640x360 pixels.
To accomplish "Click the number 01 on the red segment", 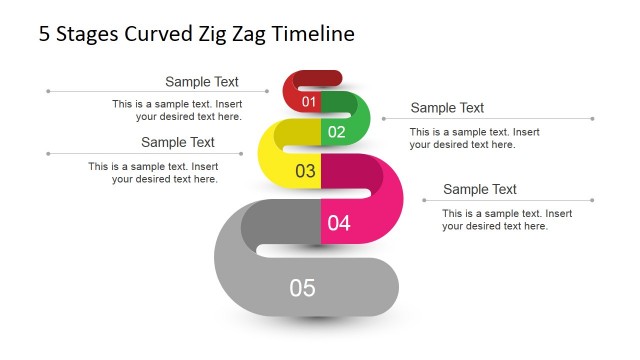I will [308, 102].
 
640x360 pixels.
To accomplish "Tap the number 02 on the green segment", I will [336, 132].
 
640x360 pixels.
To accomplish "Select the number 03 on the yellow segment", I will [305, 171].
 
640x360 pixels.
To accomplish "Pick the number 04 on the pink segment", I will [339, 223].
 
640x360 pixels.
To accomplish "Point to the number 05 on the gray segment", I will [302, 288].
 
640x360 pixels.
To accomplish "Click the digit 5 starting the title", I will [44, 34].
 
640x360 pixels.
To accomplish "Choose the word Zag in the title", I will [245, 34].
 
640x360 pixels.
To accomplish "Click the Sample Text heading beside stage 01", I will [202, 82].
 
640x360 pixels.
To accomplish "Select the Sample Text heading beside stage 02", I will [447, 108].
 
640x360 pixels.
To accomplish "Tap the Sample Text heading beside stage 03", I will [178, 143].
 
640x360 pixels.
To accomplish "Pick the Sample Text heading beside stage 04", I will [480, 189].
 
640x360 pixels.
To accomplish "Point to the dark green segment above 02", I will [340, 103].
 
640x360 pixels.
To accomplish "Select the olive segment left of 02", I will [297, 132].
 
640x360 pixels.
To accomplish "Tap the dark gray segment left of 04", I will [282, 221].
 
